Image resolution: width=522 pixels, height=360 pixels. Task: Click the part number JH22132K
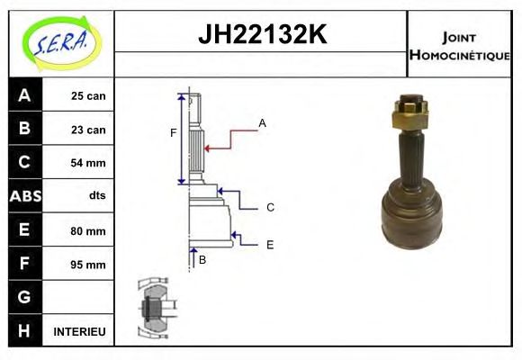tap(261, 36)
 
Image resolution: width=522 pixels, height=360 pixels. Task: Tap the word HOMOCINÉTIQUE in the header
tap(459, 55)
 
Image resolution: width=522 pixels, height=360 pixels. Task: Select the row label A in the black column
tap(24, 95)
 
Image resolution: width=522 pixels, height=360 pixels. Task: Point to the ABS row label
tap(24, 196)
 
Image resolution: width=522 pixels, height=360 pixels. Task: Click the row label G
tap(24, 297)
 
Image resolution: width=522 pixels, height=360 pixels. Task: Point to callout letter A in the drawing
tap(262, 122)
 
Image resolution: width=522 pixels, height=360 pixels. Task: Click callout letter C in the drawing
tap(270, 207)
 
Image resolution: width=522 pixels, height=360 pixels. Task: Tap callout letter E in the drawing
tap(270, 244)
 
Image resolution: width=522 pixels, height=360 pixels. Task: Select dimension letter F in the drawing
tap(173, 134)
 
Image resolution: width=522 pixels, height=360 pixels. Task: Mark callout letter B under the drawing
tap(202, 260)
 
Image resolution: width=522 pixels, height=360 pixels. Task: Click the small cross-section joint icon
tap(154, 309)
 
